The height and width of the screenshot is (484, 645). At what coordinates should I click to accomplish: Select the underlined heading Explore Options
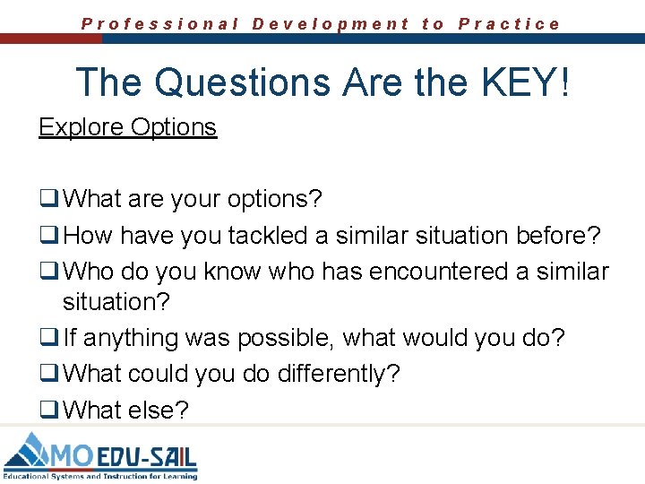pos(127,127)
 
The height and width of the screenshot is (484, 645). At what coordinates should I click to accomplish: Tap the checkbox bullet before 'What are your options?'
pos(48,197)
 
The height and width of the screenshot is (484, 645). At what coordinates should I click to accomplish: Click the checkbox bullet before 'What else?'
pos(48,411)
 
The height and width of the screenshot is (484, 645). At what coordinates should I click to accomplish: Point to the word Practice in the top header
pos(509,24)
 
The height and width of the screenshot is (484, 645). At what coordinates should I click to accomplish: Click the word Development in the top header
pos(331,24)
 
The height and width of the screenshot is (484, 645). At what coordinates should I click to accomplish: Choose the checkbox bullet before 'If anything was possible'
pos(48,339)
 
